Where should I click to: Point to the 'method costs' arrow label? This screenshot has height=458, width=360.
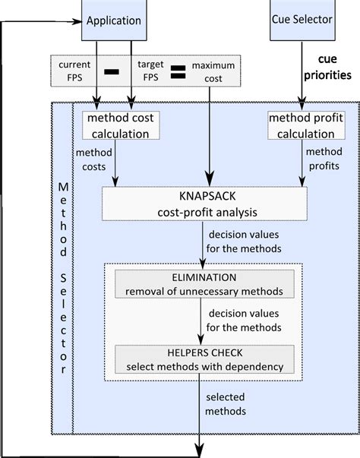tap(93, 160)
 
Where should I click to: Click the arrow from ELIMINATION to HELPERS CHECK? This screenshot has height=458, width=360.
tap(201, 323)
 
